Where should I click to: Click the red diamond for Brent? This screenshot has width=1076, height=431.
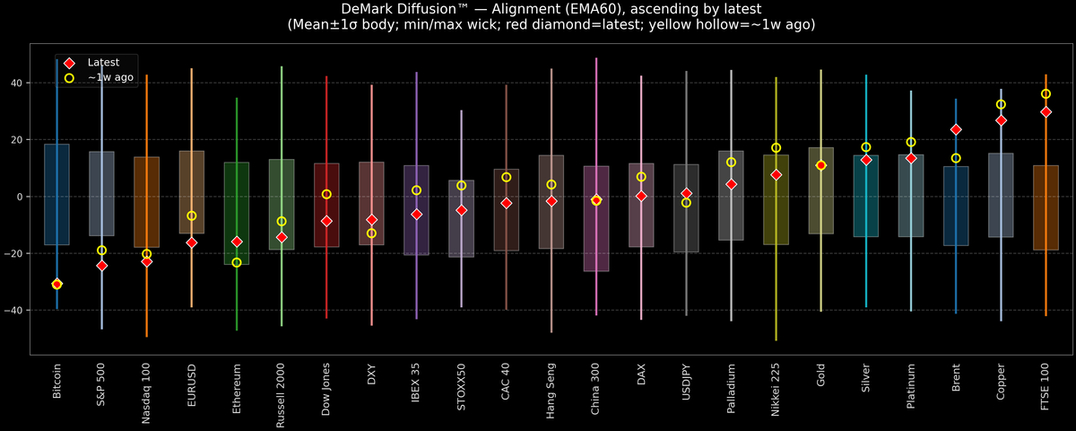click(x=956, y=129)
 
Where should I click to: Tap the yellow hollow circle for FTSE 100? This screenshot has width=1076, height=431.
click(x=1046, y=94)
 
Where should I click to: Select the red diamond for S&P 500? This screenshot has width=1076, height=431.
click(x=101, y=266)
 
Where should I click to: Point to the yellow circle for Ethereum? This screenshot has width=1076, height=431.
click(x=237, y=262)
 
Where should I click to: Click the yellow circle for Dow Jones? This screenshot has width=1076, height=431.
click(x=326, y=194)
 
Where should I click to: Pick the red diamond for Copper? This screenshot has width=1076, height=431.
click(x=1001, y=120)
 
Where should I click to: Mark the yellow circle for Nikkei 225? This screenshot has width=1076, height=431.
click(x=776, y=148)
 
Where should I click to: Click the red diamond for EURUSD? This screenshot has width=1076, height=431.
click(x=192, y=242)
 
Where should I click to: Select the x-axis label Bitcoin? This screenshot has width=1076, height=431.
click(x=57, y=382)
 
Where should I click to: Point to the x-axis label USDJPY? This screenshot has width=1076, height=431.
click(x=686, y=384)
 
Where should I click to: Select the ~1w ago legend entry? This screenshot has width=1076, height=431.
click(x=108, y=78)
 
